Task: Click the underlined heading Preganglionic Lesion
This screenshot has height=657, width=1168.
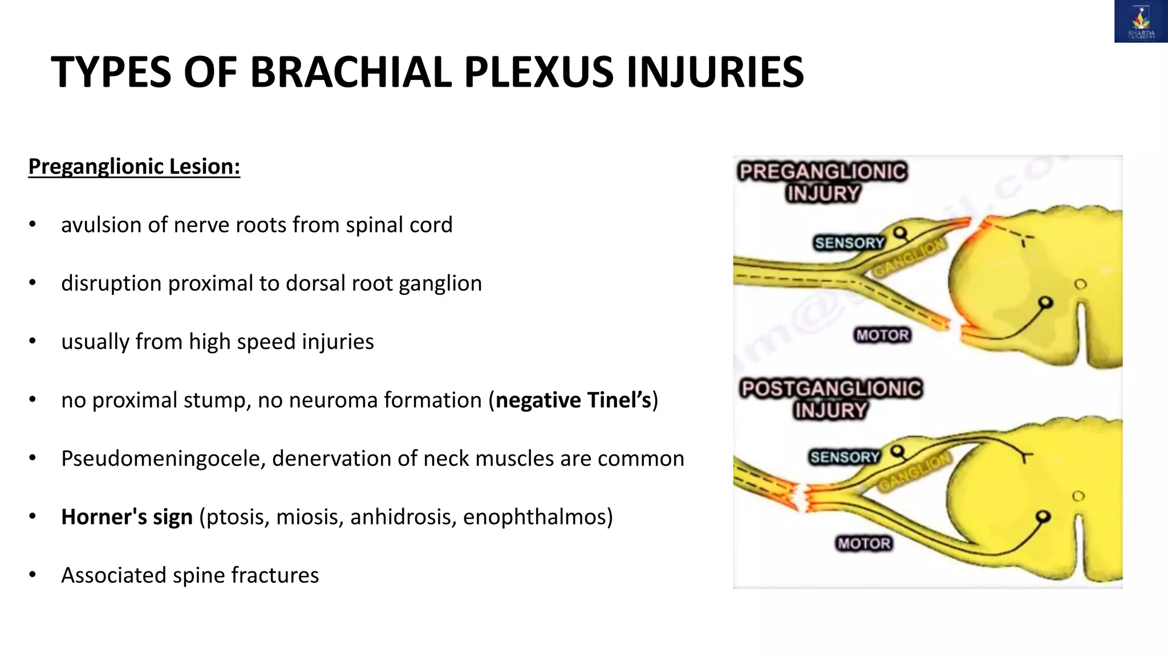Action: point(134,167)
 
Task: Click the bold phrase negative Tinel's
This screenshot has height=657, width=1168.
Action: point(573,400)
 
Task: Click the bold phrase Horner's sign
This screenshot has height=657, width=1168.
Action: point(127,517)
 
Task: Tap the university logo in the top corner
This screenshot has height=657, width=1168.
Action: point(1141,22)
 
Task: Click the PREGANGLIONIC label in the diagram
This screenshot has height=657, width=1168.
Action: point(822,172)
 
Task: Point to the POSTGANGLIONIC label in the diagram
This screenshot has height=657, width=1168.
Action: point(830,389)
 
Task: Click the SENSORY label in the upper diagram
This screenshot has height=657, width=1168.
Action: point(849,243)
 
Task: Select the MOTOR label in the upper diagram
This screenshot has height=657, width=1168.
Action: point(882,335)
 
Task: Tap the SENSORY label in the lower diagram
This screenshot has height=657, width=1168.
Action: point(845,457)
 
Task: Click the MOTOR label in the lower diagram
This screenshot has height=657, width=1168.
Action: point(864,544)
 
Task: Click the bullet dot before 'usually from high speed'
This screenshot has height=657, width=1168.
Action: point(33,342)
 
